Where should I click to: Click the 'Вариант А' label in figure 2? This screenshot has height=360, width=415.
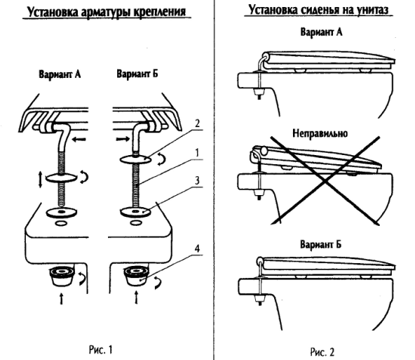click(320, 33)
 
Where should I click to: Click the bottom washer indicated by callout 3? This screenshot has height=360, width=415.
click(135, 210)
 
